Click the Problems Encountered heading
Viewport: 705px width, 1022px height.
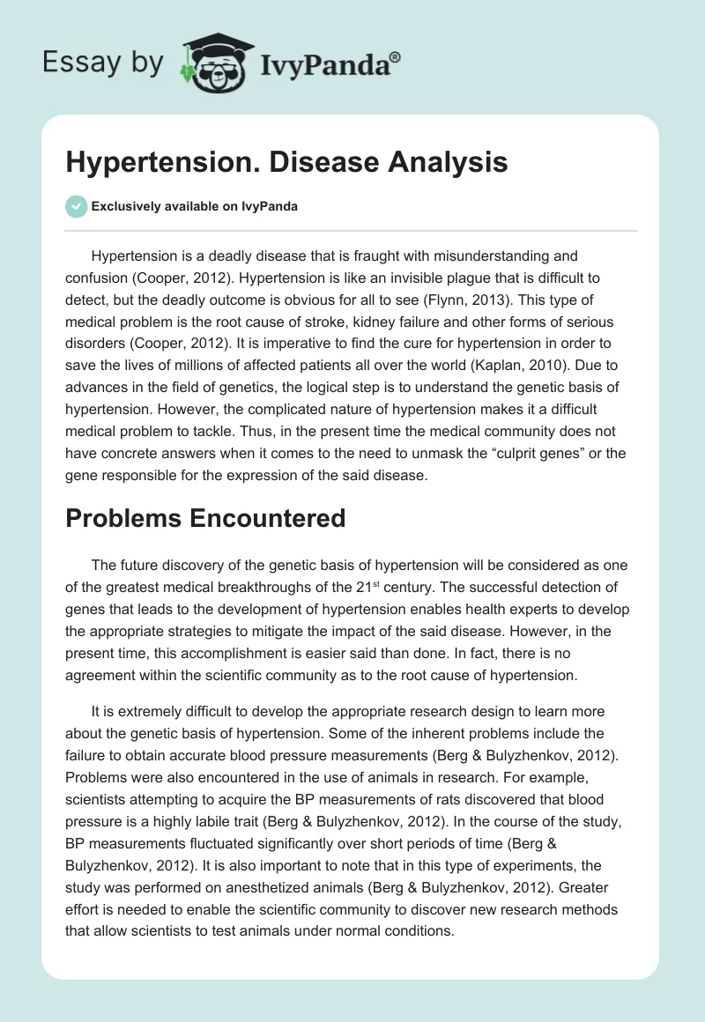(x=205, y=518)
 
